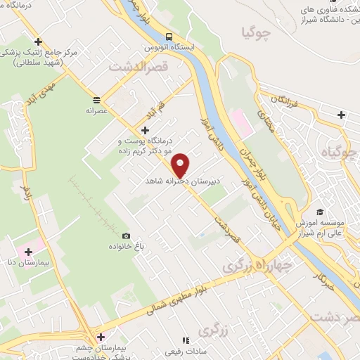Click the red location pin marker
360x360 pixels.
pos(181,164)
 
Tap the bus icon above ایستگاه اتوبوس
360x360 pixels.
pos(169,37)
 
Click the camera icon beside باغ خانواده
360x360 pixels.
pos(126,236)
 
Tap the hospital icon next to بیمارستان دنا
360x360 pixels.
pos(29,252)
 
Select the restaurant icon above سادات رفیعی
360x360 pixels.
pos(186,340)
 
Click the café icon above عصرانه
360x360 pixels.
pos(96,99)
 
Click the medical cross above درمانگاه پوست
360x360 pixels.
pos(145,130)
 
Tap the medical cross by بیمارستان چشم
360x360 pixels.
pos(101,337)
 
